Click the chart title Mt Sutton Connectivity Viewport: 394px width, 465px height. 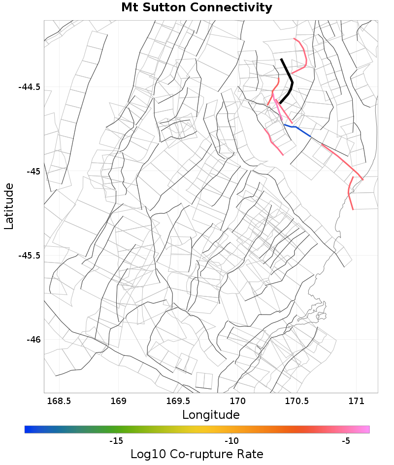(x=197, y=8)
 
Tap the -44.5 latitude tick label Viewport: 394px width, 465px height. (x=29, y=87)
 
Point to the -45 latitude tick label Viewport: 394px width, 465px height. (x=33, y=172)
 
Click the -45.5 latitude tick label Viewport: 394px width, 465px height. (x=29, y=256)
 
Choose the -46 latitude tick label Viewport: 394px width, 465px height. (x=33, y=340)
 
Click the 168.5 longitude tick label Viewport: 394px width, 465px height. (x=59, y=401)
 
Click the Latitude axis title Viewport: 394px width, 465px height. (x=9, y=206)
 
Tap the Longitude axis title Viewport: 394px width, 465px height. (x=211, y=415)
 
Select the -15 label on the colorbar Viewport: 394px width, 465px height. (x=116, y=441)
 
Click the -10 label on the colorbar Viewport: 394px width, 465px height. (x=231, y=441)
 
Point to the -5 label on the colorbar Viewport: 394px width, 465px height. (x=346, y=441)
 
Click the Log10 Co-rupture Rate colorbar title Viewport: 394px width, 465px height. (x=197, y=454)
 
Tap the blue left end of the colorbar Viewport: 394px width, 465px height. (x=28, y=430)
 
